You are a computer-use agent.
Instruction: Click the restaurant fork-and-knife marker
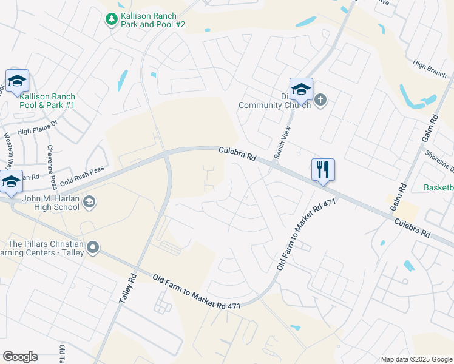point(322,169)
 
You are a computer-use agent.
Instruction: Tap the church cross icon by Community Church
point(321,100)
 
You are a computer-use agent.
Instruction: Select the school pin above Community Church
point(300,89)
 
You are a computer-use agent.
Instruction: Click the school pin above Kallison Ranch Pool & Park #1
point(17,81)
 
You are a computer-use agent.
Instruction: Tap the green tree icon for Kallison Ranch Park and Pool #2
point(111,20)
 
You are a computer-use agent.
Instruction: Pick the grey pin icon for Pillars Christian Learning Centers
point(93,247)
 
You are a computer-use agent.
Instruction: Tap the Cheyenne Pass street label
point(51,167)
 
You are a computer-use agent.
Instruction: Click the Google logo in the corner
point(20,357)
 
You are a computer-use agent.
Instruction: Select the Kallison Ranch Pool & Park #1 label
point(47,101)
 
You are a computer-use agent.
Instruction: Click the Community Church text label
point(274,104)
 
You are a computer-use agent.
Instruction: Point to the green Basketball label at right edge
point(439,187)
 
